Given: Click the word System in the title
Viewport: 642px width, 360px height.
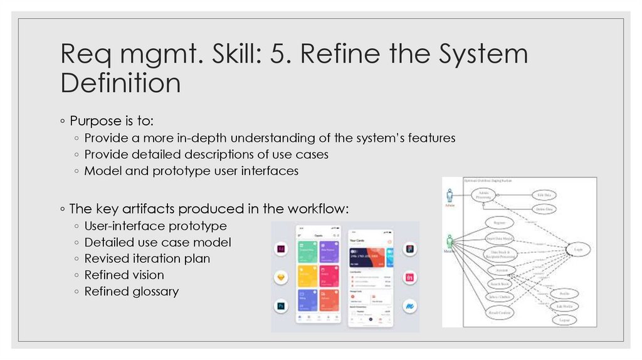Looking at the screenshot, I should click(x=482, y=55).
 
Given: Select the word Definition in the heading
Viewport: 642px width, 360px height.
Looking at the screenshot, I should click(x=121, y=83).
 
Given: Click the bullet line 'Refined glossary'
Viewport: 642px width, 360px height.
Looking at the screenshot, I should click(x=131, y=291).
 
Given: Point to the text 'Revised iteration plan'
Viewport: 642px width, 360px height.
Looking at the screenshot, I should click(x=147, y=258).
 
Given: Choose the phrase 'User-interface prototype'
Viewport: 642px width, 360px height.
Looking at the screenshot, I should click(x=155, y=226).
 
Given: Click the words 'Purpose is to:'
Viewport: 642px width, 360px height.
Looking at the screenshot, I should click(x=104, y=120).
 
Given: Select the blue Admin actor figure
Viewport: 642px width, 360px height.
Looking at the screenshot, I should click(x=449, y=194).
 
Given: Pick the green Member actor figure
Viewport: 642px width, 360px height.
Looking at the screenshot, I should click(x=449, y=241).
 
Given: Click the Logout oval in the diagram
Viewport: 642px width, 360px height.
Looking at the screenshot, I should click(x=564, y=320).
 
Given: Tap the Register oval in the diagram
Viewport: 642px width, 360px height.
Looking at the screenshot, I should click(x=500, y=223).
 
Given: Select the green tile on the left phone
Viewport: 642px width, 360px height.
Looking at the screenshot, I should click(x=307, y=248).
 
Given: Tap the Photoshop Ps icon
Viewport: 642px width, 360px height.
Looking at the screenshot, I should click(x=281, y=307).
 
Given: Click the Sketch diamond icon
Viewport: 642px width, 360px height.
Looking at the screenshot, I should click(x=281, y=278).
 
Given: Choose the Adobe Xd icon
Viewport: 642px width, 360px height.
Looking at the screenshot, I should click(x=281, y=249).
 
